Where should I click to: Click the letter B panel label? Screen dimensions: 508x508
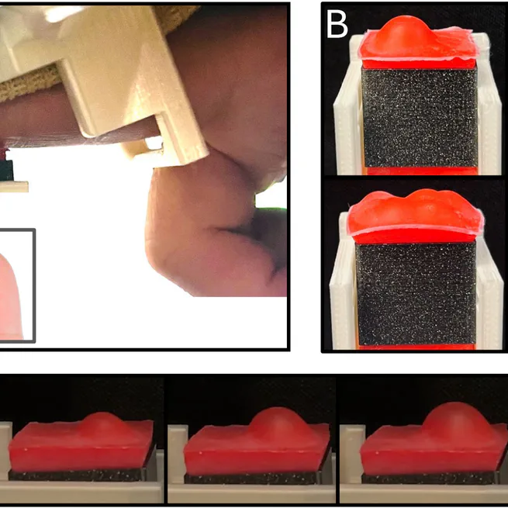[337, 25]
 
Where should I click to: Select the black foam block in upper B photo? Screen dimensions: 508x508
[419, 116]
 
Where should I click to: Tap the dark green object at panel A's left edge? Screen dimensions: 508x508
[5, 165]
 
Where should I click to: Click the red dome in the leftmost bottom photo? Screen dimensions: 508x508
[103, 426]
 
